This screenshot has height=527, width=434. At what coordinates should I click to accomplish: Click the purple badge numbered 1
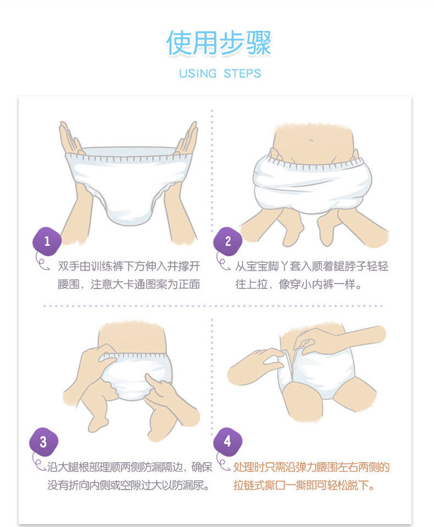point(47,241)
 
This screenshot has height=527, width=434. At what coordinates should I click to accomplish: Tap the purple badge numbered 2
point(228,241)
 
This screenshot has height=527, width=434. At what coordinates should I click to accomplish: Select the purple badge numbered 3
point(43,442)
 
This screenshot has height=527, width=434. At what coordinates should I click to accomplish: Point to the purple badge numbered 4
point(227,442)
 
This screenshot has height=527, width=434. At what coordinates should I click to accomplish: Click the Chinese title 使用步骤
point(219,43)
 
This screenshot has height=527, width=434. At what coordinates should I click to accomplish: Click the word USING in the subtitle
point(198,73)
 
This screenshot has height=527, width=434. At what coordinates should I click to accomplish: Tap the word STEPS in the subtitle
point(242,73)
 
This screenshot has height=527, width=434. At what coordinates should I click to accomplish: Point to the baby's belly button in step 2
point(311,140)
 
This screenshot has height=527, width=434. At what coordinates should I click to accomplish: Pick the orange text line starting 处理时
point(311,467)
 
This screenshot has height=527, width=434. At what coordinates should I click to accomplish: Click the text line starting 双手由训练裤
point(129,266)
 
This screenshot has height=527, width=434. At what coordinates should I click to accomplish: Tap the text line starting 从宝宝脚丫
point(311,266)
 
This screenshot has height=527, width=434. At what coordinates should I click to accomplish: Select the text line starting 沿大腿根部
point(130,467)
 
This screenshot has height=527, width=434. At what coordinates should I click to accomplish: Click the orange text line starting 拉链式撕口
point(304,485)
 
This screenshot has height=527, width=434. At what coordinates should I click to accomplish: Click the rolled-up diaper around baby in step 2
point(312,185)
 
